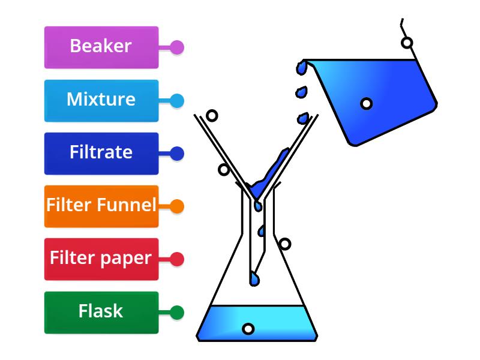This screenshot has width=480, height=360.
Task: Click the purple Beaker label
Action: (101, 47)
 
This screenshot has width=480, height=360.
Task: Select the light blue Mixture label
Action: (101, 100)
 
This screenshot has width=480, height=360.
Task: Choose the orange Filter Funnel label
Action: (101, 206)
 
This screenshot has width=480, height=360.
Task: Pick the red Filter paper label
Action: (101, 259)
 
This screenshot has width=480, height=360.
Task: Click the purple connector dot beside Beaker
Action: (176, 47)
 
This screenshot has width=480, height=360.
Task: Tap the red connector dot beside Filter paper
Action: (176, 259)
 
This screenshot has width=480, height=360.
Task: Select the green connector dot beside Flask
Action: (176, 312)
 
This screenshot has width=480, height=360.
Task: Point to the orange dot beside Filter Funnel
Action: (176, 206)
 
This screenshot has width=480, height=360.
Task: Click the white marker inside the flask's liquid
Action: (248, 329)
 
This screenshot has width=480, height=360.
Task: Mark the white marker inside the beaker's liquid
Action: (366, 103)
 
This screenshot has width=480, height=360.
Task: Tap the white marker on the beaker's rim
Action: (407, 43)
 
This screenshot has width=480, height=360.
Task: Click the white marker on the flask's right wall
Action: (285, 244)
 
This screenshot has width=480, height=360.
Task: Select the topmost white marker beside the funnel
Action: (211, 115)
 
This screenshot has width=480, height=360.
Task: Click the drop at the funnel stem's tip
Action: (255, 279)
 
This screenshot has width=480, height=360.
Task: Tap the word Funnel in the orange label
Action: (129, 206)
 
